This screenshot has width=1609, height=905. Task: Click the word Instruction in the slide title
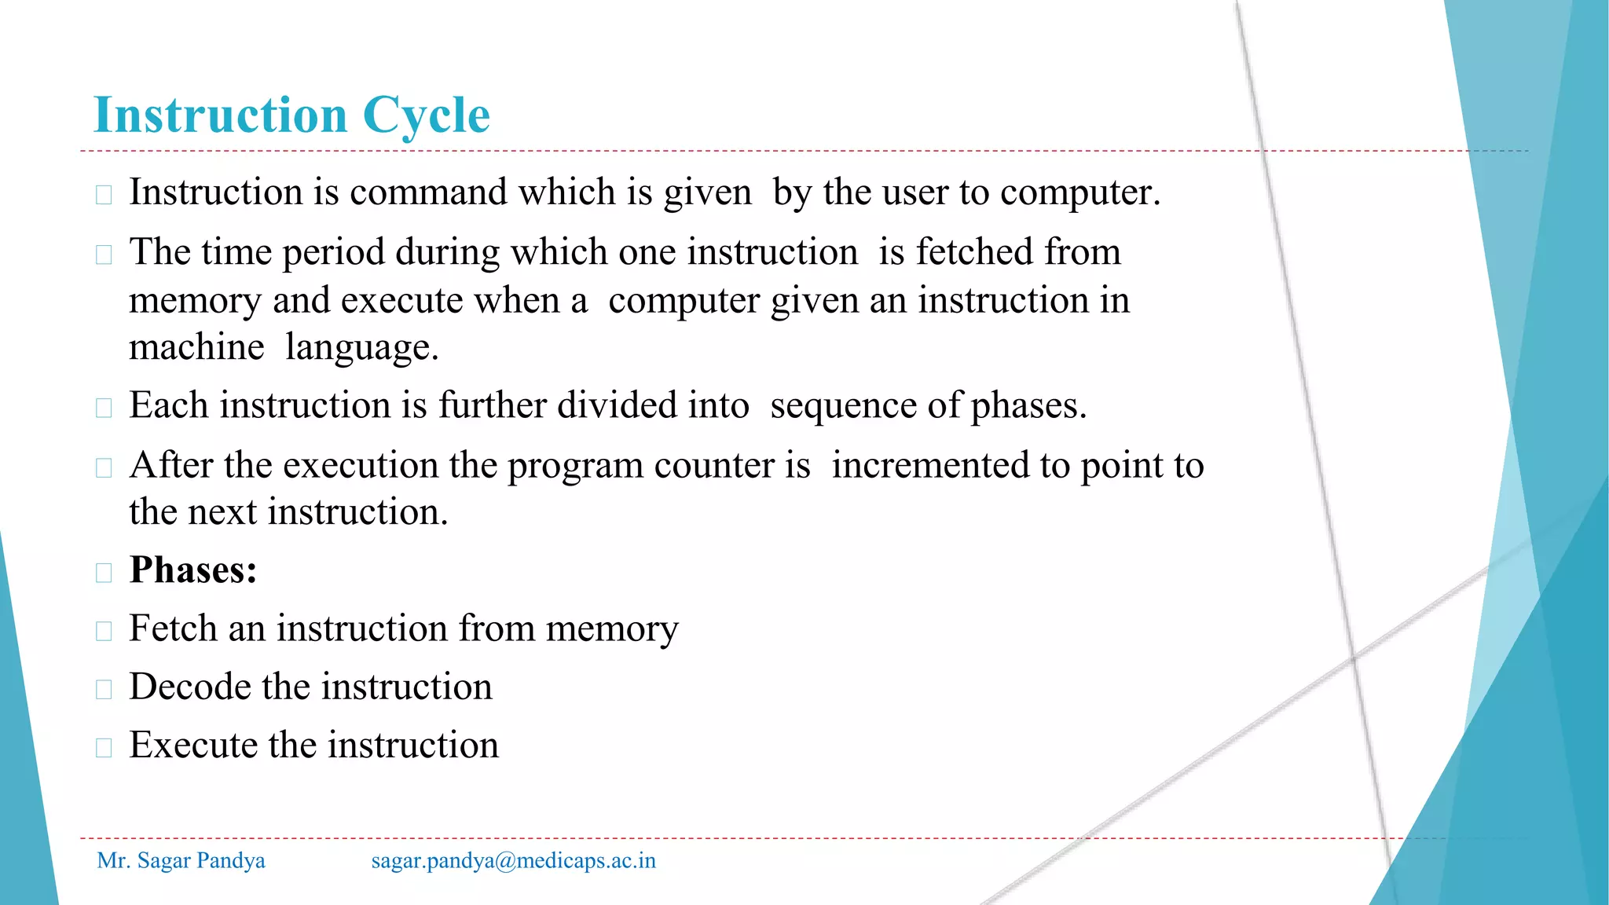221,115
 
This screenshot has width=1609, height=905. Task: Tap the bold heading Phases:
193,570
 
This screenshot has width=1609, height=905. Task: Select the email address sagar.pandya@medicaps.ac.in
514,860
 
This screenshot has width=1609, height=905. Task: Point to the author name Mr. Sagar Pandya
181,860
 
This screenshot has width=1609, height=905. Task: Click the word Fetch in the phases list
173,628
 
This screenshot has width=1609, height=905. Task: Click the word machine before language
196,347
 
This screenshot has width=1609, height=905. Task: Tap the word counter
714,465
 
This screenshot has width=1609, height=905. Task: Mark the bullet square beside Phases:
104,573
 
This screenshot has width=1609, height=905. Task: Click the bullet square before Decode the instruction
104,689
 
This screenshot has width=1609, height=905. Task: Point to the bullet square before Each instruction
104,408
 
